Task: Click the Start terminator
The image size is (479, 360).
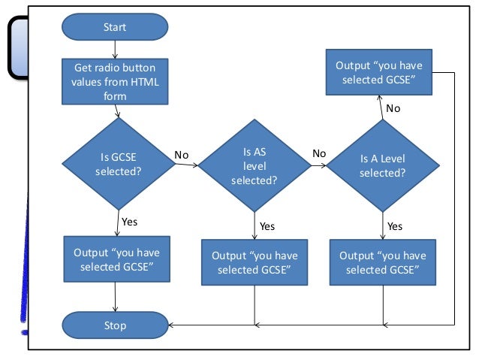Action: click(115, 27)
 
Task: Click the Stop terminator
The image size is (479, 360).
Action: click(115, 325)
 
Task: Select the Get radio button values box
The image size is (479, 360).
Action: click(115, 81)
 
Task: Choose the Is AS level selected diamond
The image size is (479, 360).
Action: click(255, 166)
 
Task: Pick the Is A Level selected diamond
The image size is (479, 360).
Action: click(383, 165)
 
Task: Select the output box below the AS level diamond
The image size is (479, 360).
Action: click(255, 262)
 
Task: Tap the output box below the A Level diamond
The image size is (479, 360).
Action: click(383, 262)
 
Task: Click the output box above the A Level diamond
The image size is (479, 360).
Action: click(379, 72)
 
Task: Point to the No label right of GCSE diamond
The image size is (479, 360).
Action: click(181, 155)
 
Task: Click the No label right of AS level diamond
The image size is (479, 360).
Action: click(319, 153)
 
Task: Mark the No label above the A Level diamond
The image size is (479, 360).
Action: click(393, 109)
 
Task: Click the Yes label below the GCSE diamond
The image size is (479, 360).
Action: click(129, 222)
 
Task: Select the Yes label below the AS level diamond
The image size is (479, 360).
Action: click(267, 225)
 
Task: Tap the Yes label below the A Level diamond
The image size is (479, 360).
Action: click(395, 225)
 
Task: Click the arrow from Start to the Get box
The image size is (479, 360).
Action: click(115, 49)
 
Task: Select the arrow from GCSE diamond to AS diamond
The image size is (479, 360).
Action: click(187, 165)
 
